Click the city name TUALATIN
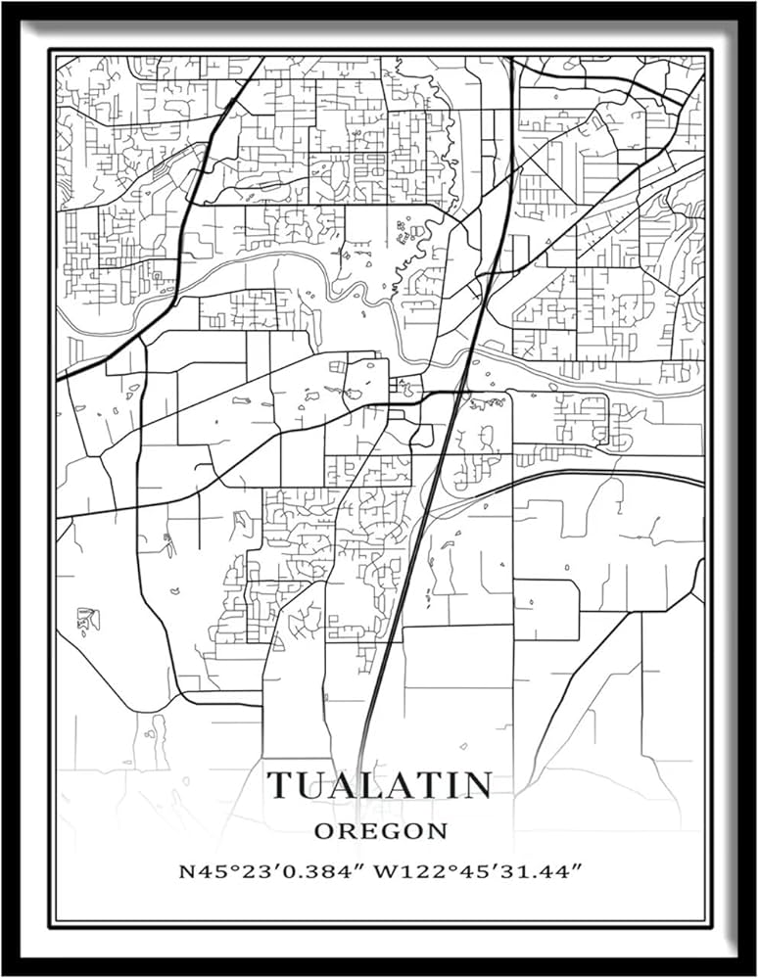[x=380, y=785]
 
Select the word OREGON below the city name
[x=380, y=831]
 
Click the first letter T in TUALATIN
[x=282, y=785]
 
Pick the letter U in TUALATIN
[x=312, y=785]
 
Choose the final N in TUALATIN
[x=475, y=785]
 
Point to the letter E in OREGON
[x=367, y=831]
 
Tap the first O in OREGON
[x=324, y=831]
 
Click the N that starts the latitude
[x=185, y=871]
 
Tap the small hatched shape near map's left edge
[x=88, y=619]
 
